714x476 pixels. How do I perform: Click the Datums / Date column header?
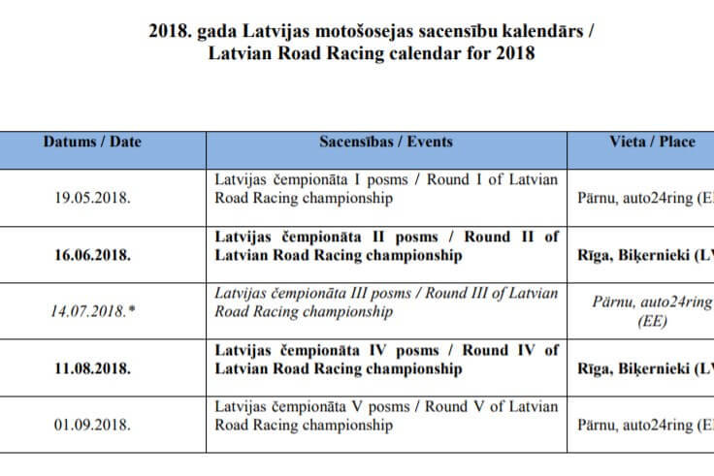[x=92, y=142]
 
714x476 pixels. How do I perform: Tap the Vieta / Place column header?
[x=652, y=142]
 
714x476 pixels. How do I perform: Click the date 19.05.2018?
[x=92, y=199]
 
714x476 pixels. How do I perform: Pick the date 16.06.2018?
[x=92, y=255]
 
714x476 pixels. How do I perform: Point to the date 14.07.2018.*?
[x=92, y=312]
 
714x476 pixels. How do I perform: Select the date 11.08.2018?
[x=92, y=368]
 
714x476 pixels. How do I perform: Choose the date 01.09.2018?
[x=92, y=425]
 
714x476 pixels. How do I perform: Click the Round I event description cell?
[x=385, y=189]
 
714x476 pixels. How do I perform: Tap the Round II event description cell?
[x=385, y=246]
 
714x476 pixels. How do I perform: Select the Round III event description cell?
[x=385, y=302]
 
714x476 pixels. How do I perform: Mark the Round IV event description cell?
[x=385, y=360]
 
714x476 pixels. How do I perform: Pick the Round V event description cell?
[x=385, y=416]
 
